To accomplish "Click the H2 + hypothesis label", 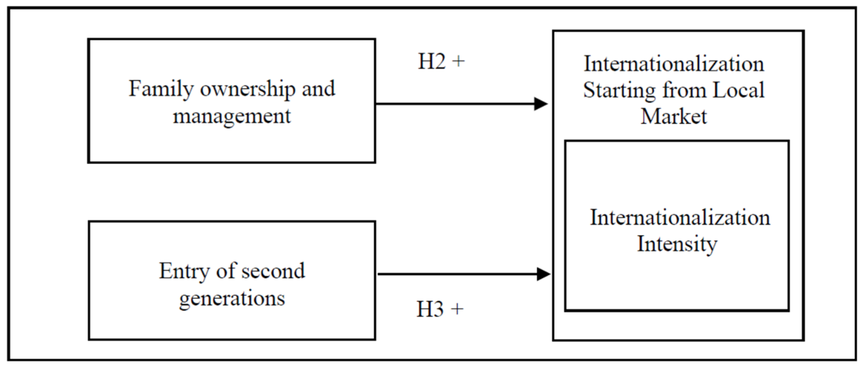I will pos(441,62).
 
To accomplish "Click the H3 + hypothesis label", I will pos(440,309).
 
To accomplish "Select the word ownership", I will pos(248,89).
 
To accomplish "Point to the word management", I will pos(232,116).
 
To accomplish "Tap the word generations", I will pos(232,298).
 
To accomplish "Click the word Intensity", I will pos(677,244).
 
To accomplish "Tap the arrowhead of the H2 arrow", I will pos(541,104).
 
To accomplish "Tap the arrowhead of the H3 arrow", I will pos(543,274).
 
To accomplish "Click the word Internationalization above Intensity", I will pos(680,217).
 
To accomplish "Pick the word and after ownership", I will pos(318,89).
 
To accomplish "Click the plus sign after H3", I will pos(457,309).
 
